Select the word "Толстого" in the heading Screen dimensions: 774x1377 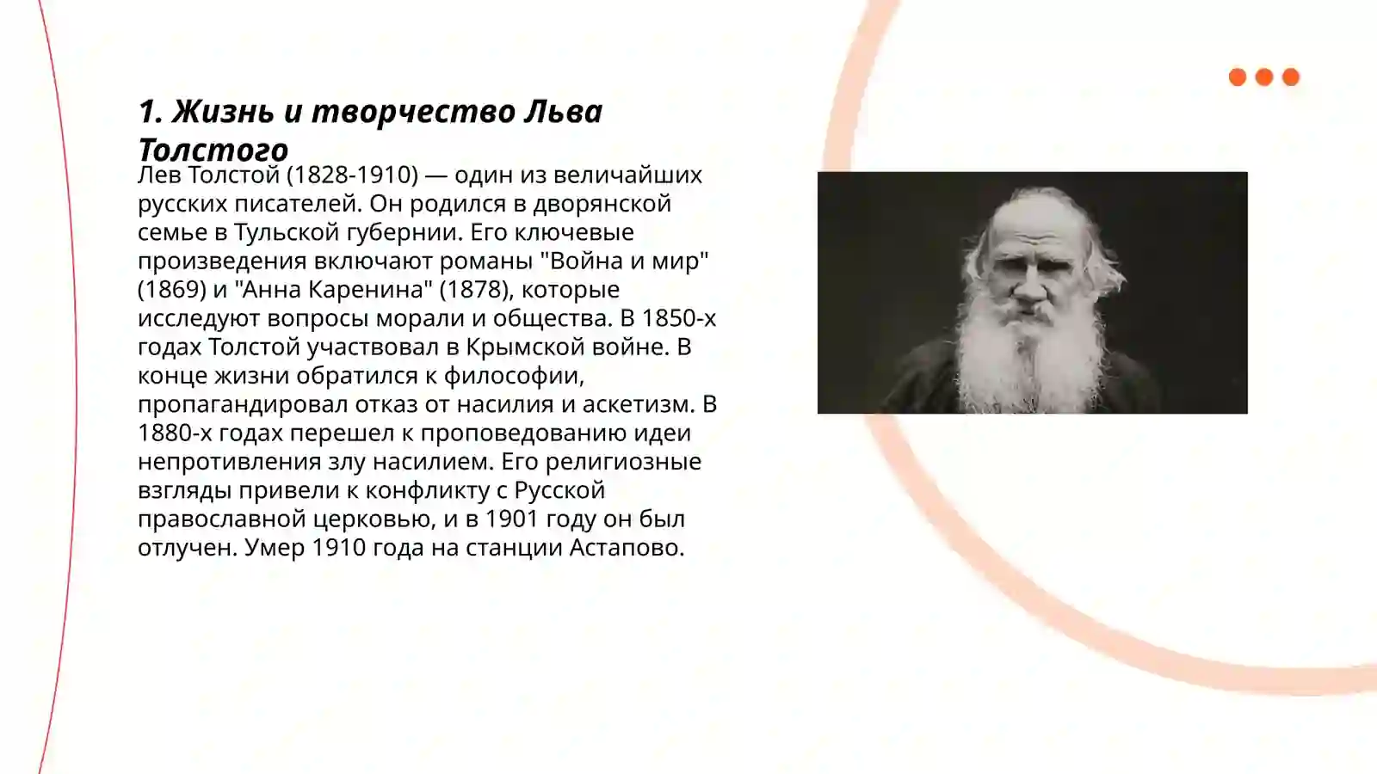coord(213,150)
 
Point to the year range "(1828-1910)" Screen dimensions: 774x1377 coord(352,175)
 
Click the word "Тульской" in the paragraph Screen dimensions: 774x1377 coord(287,232)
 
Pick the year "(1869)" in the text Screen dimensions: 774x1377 coord(171,290)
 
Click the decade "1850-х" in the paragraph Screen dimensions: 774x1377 coord(678,318)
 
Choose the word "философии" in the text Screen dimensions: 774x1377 coord(514,376)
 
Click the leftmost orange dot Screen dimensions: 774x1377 coord(1238,77)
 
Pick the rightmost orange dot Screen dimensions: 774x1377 coord(1291,77)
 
